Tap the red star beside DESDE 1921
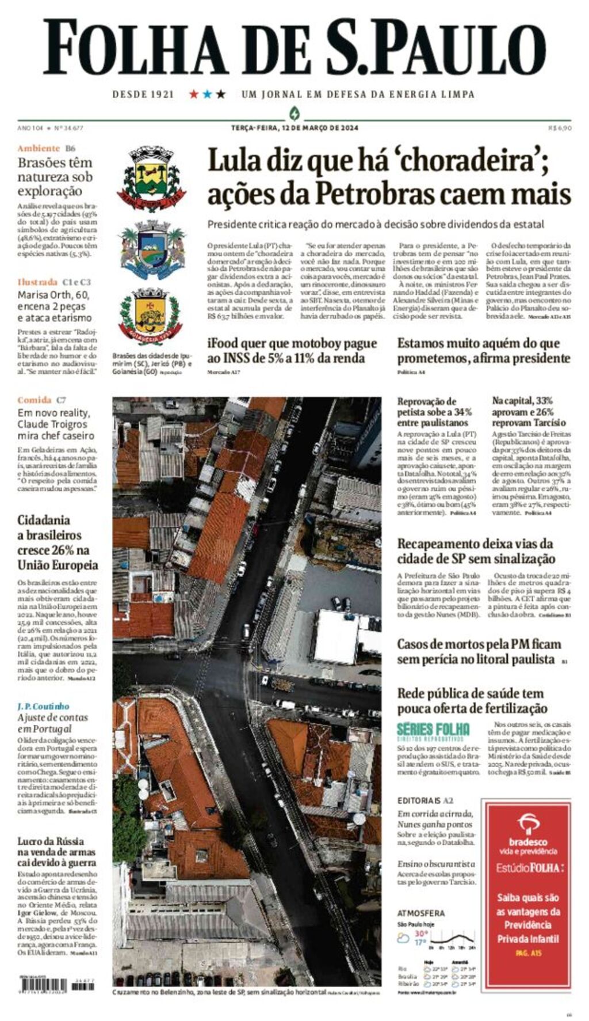pyautogui.click(x=194, y=94)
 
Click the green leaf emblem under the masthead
pyautogui.click(x=294, y=112)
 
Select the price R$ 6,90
pyautogui.click(x=560, y=128)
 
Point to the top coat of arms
pyautogui.click(x=151, y=179)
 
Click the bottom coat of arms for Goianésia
pyautogui.click(x=151, y=316)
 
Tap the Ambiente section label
pyautogui.click(x=39, y=148)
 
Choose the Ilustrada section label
pyautogui.click(x=37, y=282)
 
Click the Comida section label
pyautogui.click(x=34, y=400)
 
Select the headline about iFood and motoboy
pyautogui.click(x=292, y=351)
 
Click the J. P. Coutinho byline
pyautogui.click(x=43, y=706)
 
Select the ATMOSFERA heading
pyautogui.click(x=421, y=913)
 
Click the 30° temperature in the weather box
pyautogui.click(x=422, y=933)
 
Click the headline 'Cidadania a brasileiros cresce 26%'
pyautogui.click(x=58, y=542)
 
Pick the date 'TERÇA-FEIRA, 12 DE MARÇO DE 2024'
pyautogui.click(x=294, y=128)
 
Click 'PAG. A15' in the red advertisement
pyautogui.click(x=528, y=953)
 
